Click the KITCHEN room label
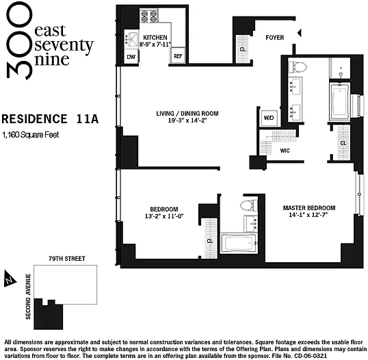(155, 38)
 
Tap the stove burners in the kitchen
(149, 16)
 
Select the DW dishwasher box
(131, 57)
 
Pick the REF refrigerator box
(178, 56)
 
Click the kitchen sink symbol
(131, 39)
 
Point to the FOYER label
(275, 38)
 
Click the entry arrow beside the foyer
(299, 33)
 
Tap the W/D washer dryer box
(269, 118)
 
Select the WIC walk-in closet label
(285, 151)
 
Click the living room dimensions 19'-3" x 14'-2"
(187, 120)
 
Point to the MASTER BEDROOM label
(309, 208)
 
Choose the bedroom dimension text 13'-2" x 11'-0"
(163, 216)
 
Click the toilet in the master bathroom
(298, 67)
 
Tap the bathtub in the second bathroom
(239, 243)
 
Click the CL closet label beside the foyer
(243, 49)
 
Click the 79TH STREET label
(67, 259)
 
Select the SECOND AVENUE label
(28, 296)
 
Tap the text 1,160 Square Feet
(31, 135)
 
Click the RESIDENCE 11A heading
(50, 119)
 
